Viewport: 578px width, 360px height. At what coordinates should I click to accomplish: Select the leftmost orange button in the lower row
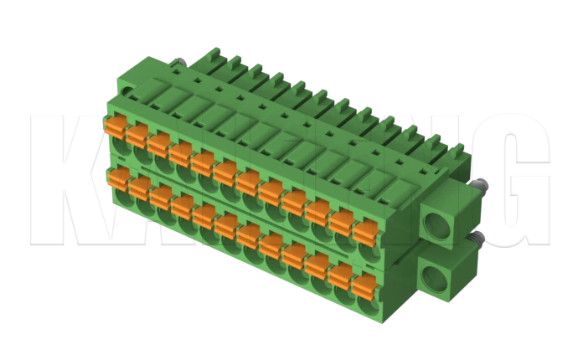(118, 177)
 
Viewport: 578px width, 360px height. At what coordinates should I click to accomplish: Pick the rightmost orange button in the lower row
(362, 285)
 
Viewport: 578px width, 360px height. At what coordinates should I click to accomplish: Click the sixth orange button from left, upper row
(224, 172)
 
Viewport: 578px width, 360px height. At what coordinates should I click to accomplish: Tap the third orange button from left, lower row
(161, 195)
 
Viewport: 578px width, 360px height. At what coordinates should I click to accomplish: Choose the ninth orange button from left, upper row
(293, 202)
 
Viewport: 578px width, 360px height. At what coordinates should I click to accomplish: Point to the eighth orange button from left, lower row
(270, 244)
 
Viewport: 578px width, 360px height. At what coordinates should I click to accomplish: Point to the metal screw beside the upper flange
(479, 185)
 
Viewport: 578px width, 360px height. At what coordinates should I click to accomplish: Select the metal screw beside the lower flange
(477, 240)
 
